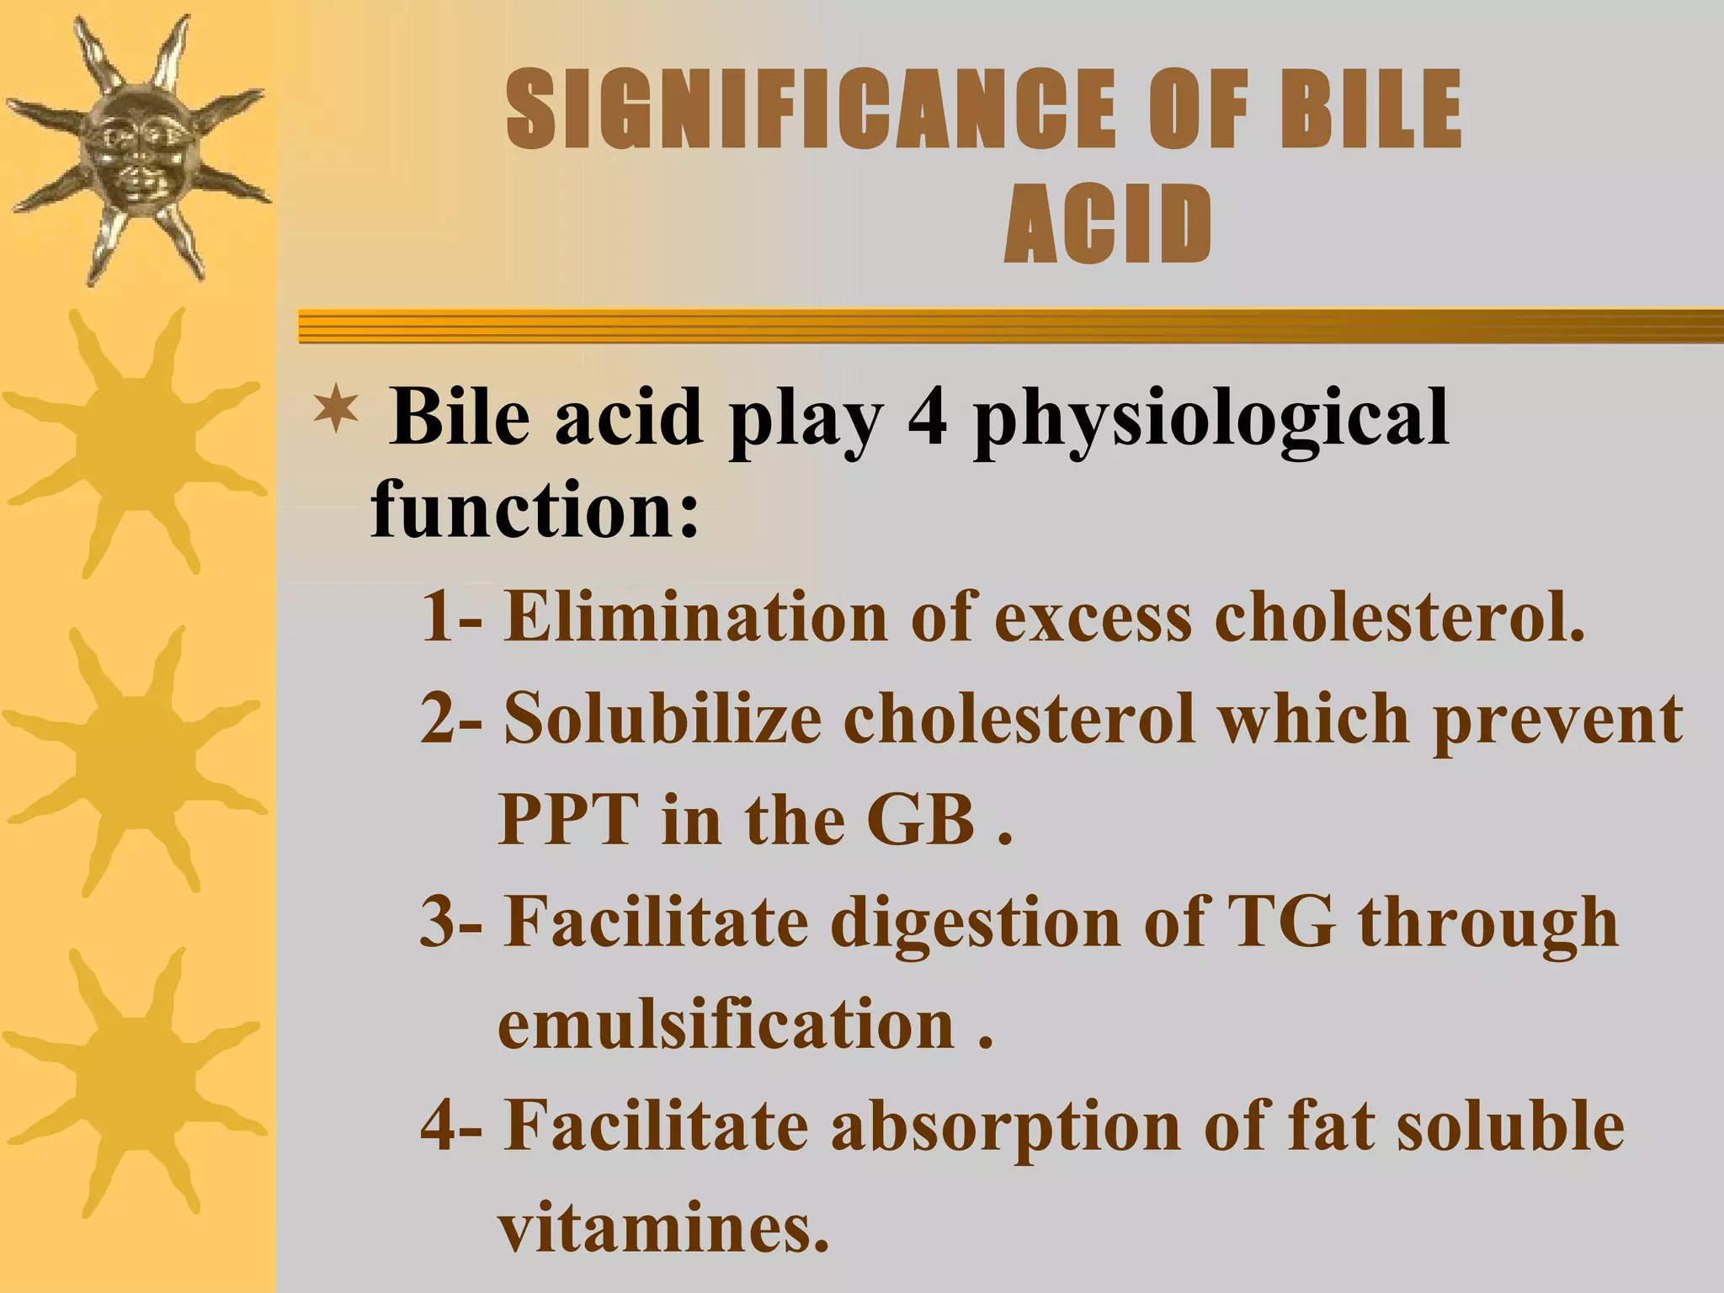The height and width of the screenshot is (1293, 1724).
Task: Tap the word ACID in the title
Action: point(1108,225)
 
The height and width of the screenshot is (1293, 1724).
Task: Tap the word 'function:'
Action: point(535,508)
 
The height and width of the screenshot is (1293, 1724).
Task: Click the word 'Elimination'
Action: point(695,616)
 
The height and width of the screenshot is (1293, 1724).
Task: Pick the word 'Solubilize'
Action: point(662,719)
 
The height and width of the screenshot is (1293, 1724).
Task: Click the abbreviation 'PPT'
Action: point(567,820)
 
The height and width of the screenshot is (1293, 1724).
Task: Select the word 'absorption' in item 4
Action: point(1006,1128)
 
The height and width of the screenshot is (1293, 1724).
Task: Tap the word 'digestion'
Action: point(975,923)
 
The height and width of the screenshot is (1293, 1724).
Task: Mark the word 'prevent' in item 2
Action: point(1557,721)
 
